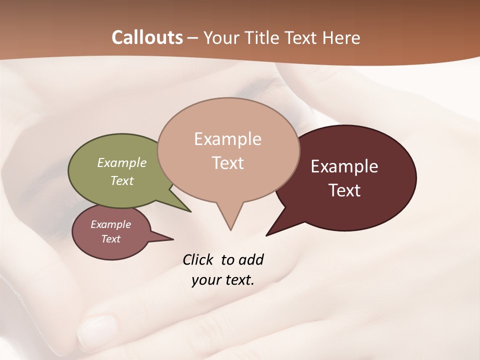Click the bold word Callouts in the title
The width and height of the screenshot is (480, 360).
pyautogui.click(x=147, y=37)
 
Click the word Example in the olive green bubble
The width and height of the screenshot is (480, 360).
pyautogui.click(x=122, y=163)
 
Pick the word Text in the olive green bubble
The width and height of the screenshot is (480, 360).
pyautogui.click(x=122, y=180)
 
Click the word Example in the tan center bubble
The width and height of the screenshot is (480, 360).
pyautogui.click(x=227, y=139)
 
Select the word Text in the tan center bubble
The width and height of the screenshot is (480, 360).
pyautogui.click(x=227, y=163)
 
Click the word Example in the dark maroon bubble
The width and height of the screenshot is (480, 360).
pyautogui.click(x=344, y=166)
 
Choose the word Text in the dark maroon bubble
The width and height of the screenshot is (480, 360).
pyautogui.click(x=344, y=190)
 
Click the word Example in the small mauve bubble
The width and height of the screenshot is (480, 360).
pyautogui.click(x=110, y=224)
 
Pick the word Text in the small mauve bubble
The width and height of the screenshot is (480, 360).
pyautogui.click(x=110, y=239)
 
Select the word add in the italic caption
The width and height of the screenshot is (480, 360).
pyautogui.click(x=251, y=260)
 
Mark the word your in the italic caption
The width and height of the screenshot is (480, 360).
pyautogui.click(x=203, y=280)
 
